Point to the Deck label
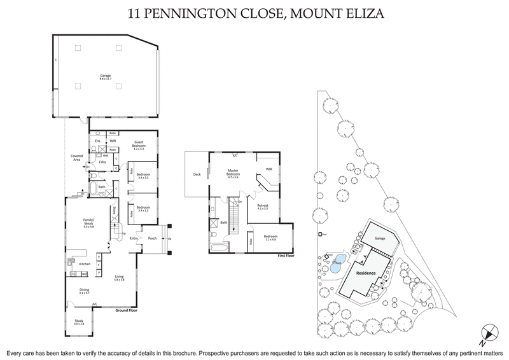(x=197, y=176)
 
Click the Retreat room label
(x=263, y=205)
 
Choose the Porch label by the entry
(x=152, y=239)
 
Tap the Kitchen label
(x=83, y=263)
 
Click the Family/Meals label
(x=88, y=223)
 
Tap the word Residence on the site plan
(x=365, y=273)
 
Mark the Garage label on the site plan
(x=380, y=238)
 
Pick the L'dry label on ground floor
(x=101, y=163)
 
